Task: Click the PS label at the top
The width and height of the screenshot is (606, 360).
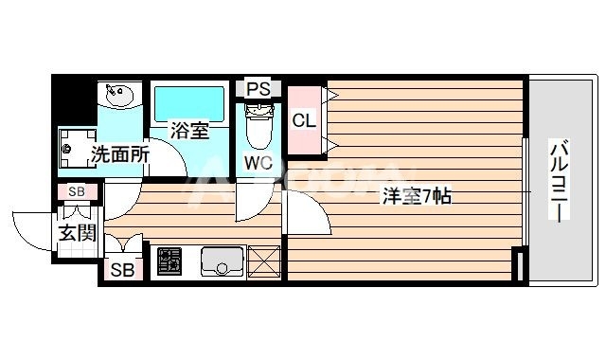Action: coord(258,89)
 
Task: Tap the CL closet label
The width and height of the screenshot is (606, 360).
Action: coord(303,120)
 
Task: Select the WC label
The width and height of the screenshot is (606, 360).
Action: coord(258,162)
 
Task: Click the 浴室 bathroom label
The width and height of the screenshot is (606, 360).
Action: coord(189,132)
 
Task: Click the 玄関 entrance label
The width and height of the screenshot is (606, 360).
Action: coord(77,232)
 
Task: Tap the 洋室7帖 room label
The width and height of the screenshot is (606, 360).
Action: coord(416,196)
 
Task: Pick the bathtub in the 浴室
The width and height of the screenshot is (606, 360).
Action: coord(189,102)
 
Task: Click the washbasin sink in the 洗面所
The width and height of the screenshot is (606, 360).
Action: coord(119,96)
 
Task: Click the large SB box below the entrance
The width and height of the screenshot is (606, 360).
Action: coord(121,269)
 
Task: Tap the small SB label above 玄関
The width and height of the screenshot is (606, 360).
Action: coord(78,192)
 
